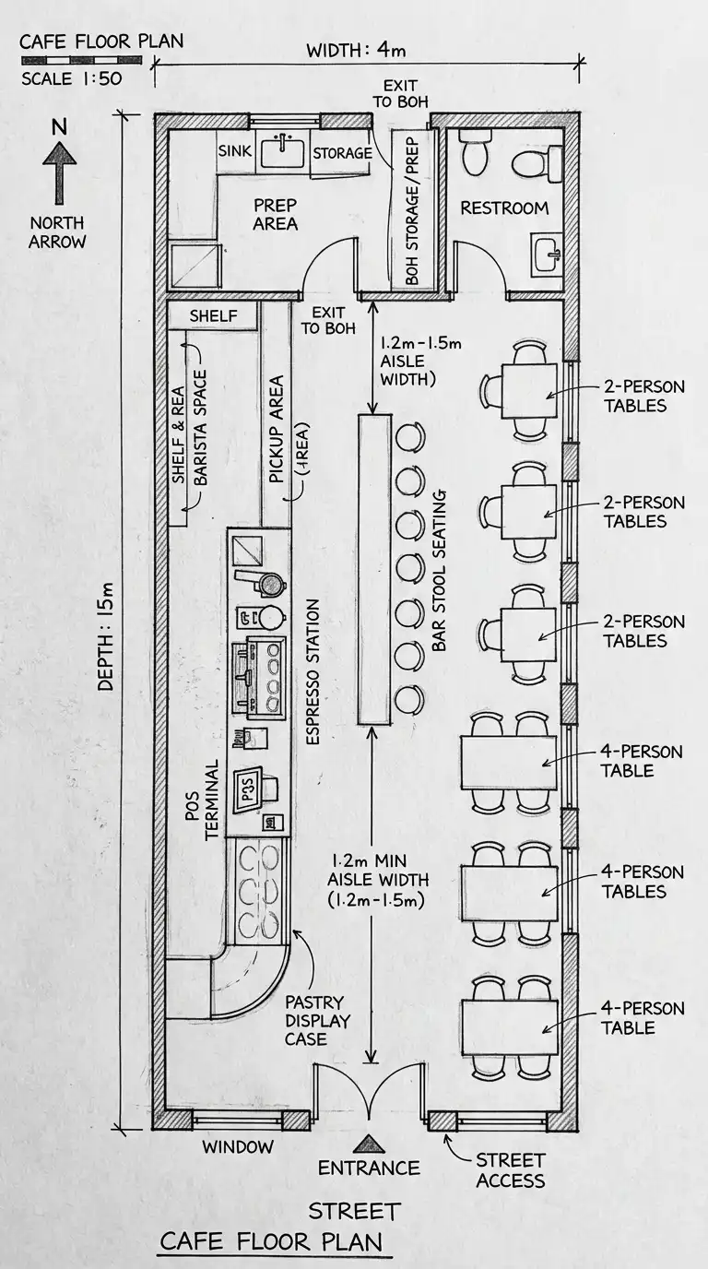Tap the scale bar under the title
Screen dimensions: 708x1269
(81, 59)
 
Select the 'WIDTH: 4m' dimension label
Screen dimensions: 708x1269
(356, 50)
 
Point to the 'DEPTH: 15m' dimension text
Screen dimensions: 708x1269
(106, 636)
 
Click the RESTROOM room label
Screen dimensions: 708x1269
(504, 208)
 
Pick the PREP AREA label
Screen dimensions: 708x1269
(276, 214)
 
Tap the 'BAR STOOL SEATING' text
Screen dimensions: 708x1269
(439, 571)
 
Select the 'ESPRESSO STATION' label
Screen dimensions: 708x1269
(313, 672)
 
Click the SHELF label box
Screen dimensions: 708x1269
(214, 315)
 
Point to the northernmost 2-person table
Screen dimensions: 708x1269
(529, 390)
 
